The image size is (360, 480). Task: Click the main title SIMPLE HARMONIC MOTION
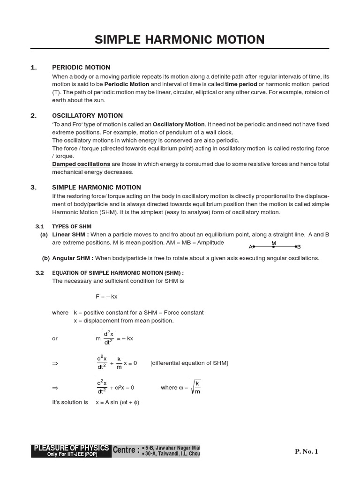[x=180, y=39]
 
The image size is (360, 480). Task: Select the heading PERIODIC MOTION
[x=81, y=67]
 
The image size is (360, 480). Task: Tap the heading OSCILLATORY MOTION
[x=87, y=116]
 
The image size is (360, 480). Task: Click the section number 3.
[x=33, y=187]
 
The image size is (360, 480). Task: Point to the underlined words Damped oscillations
[x=81, y=164]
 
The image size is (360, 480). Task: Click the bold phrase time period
[x=241, y=84]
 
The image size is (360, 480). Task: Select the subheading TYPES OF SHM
[x=72, y=226]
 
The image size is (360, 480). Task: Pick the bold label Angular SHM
[x=73, y=258]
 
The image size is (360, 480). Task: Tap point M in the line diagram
[x=274, y=246]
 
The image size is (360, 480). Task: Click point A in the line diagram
[x=252, y=247]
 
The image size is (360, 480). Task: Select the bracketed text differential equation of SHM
[x=189, y=363]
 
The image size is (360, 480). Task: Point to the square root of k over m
[x=196, y=388]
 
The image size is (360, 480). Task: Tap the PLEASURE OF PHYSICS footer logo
[x=71, y=450]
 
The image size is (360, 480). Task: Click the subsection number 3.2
[x=39, y=273]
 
